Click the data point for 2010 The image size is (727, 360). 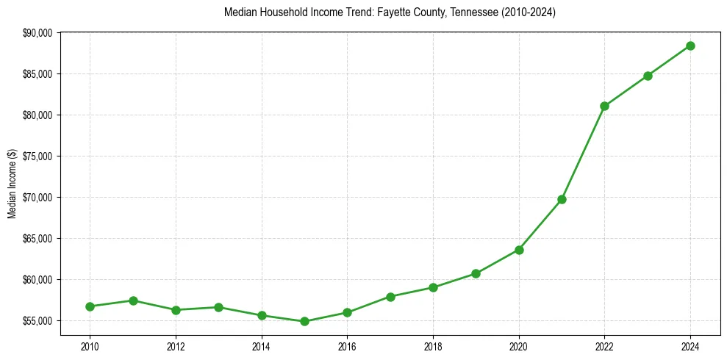point(90,306)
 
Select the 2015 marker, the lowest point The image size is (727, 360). point(304,321)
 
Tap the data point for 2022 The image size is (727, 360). point(604,106)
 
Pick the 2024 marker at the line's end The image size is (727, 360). point(690,46)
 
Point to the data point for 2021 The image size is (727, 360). point(562,199)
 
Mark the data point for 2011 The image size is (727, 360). point(133,300)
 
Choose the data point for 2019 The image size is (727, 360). point(476,273)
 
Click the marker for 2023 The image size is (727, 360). point(648,76)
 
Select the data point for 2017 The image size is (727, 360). point(390,297)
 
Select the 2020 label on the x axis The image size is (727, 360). point(519,345)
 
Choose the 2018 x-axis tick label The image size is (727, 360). point(433,345)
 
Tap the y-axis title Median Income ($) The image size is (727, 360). point(12,184)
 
